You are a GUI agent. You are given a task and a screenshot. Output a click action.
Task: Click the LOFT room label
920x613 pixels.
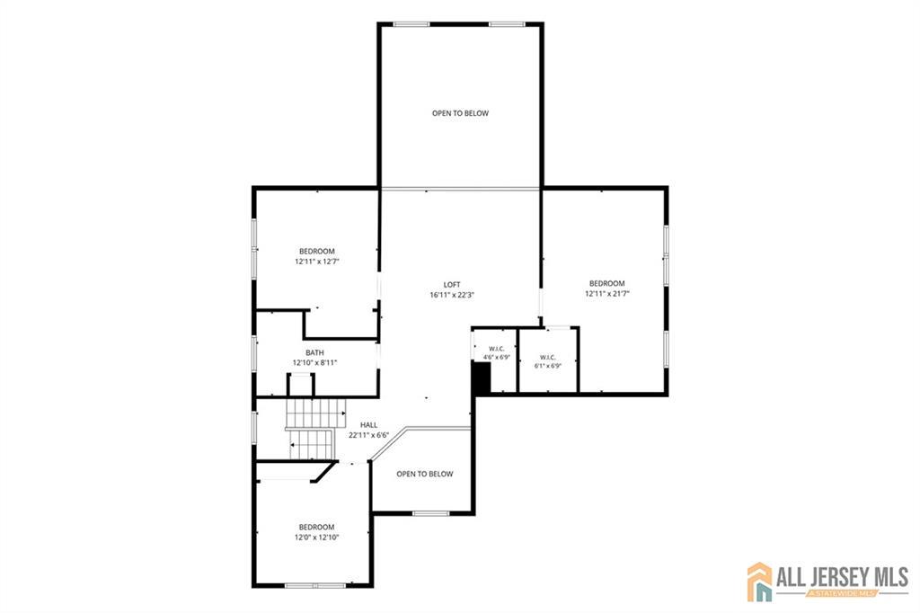pyautogui.click(x=452, y=285)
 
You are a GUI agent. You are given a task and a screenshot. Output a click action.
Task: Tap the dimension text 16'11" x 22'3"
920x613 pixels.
pyautogui.click(x=452, y=296)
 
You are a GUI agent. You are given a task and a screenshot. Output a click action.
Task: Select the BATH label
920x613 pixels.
pyautogui.click(x=314, y=353)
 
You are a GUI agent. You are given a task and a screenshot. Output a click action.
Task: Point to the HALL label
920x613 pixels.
pyautogui.click(x=369, y=425)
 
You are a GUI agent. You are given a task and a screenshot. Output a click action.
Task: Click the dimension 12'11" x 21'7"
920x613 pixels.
pyautogui.click(x=607, y=294)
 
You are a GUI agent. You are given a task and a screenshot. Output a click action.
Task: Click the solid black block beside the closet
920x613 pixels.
pyautogui.click(x=482, y=378)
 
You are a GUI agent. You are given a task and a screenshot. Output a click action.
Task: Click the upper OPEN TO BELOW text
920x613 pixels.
pyautogui.click(x=461, y=113)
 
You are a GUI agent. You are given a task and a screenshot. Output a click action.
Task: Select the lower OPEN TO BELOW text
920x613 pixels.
pyautogui.click(x=425, y=474)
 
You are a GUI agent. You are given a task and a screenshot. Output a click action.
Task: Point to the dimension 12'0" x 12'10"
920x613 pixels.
pyautogui.click(x=317, y=537)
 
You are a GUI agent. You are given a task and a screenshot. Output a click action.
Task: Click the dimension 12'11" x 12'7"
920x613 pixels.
pyautogui.click(x=317, y=262)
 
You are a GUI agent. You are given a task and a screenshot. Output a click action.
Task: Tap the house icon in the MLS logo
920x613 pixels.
pyautogui.click(x=760, y=582)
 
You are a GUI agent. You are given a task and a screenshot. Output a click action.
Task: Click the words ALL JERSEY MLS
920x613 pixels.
pyautogui.click(x=843, y=576)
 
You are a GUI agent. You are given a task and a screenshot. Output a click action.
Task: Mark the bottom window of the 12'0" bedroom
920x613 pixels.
pyautogui.click(x=315, y=585)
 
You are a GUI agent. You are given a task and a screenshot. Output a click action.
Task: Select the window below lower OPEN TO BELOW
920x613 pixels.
pyautogui.click(x=430, y=514)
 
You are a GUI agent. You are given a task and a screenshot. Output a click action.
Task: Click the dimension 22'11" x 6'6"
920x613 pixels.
pyautogui.click(x=369, y=436)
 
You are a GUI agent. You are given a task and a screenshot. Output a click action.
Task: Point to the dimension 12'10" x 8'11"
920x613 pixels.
pyautogui.click(x=314, y=363)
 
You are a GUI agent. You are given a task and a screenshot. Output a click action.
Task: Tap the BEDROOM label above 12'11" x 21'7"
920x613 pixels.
pyautogui.click(x=607, y=284)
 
